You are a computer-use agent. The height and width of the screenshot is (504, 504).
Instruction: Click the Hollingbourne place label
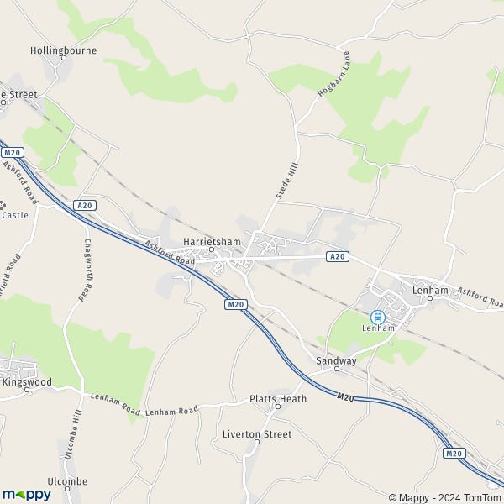coord(64,50)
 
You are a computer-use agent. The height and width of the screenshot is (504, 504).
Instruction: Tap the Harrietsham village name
coord(212,242)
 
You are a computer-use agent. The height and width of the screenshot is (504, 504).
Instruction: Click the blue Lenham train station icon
coord(378,317)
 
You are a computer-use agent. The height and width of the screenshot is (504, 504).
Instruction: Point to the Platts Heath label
coord(278,398)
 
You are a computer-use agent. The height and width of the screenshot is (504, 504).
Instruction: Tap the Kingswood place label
coord(27,382)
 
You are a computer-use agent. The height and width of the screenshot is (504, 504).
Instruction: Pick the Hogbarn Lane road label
coord(332,78)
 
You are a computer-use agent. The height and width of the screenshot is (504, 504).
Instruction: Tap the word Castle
coord(15,215)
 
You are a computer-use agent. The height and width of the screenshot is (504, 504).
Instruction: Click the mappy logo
coord(26,494)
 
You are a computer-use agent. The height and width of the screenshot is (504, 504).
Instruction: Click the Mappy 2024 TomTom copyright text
coord(444,496)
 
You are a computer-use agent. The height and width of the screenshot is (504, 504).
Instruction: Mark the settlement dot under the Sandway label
coord(336,369)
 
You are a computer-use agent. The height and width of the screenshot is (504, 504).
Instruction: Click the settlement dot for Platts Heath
coord(278,407)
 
